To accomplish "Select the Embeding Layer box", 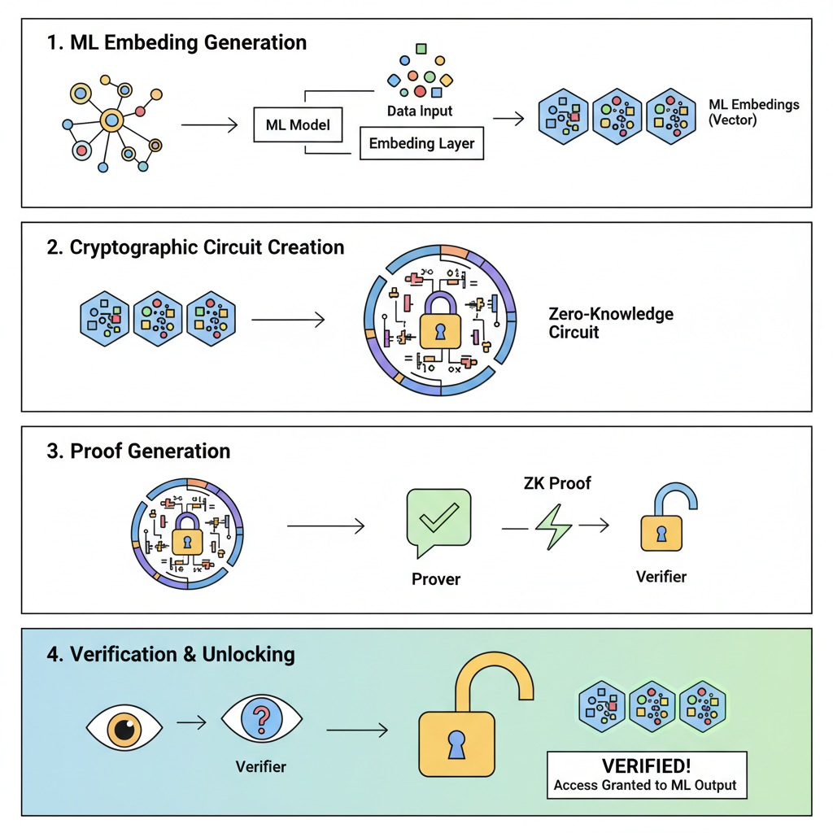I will click(x=421, y=143).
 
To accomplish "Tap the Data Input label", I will click(x=420, y=111).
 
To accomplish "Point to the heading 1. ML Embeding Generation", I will click(x=177, y=43).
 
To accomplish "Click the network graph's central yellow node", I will click(x=111, y=121).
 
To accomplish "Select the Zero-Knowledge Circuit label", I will click(x=610, y=323).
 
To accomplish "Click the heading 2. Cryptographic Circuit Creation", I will click(x=195, y=247).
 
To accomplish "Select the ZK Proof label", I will click(x=557, y=483).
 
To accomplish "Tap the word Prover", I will click(x=436, y=579).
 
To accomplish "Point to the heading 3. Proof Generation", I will click(x=138, y=451).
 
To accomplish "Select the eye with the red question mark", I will click(x=261, y=719).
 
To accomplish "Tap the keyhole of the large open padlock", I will click(x=456, y=745).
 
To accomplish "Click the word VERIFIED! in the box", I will click(x=646, y=766).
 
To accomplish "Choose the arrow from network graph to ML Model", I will click(x=208, y=125).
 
